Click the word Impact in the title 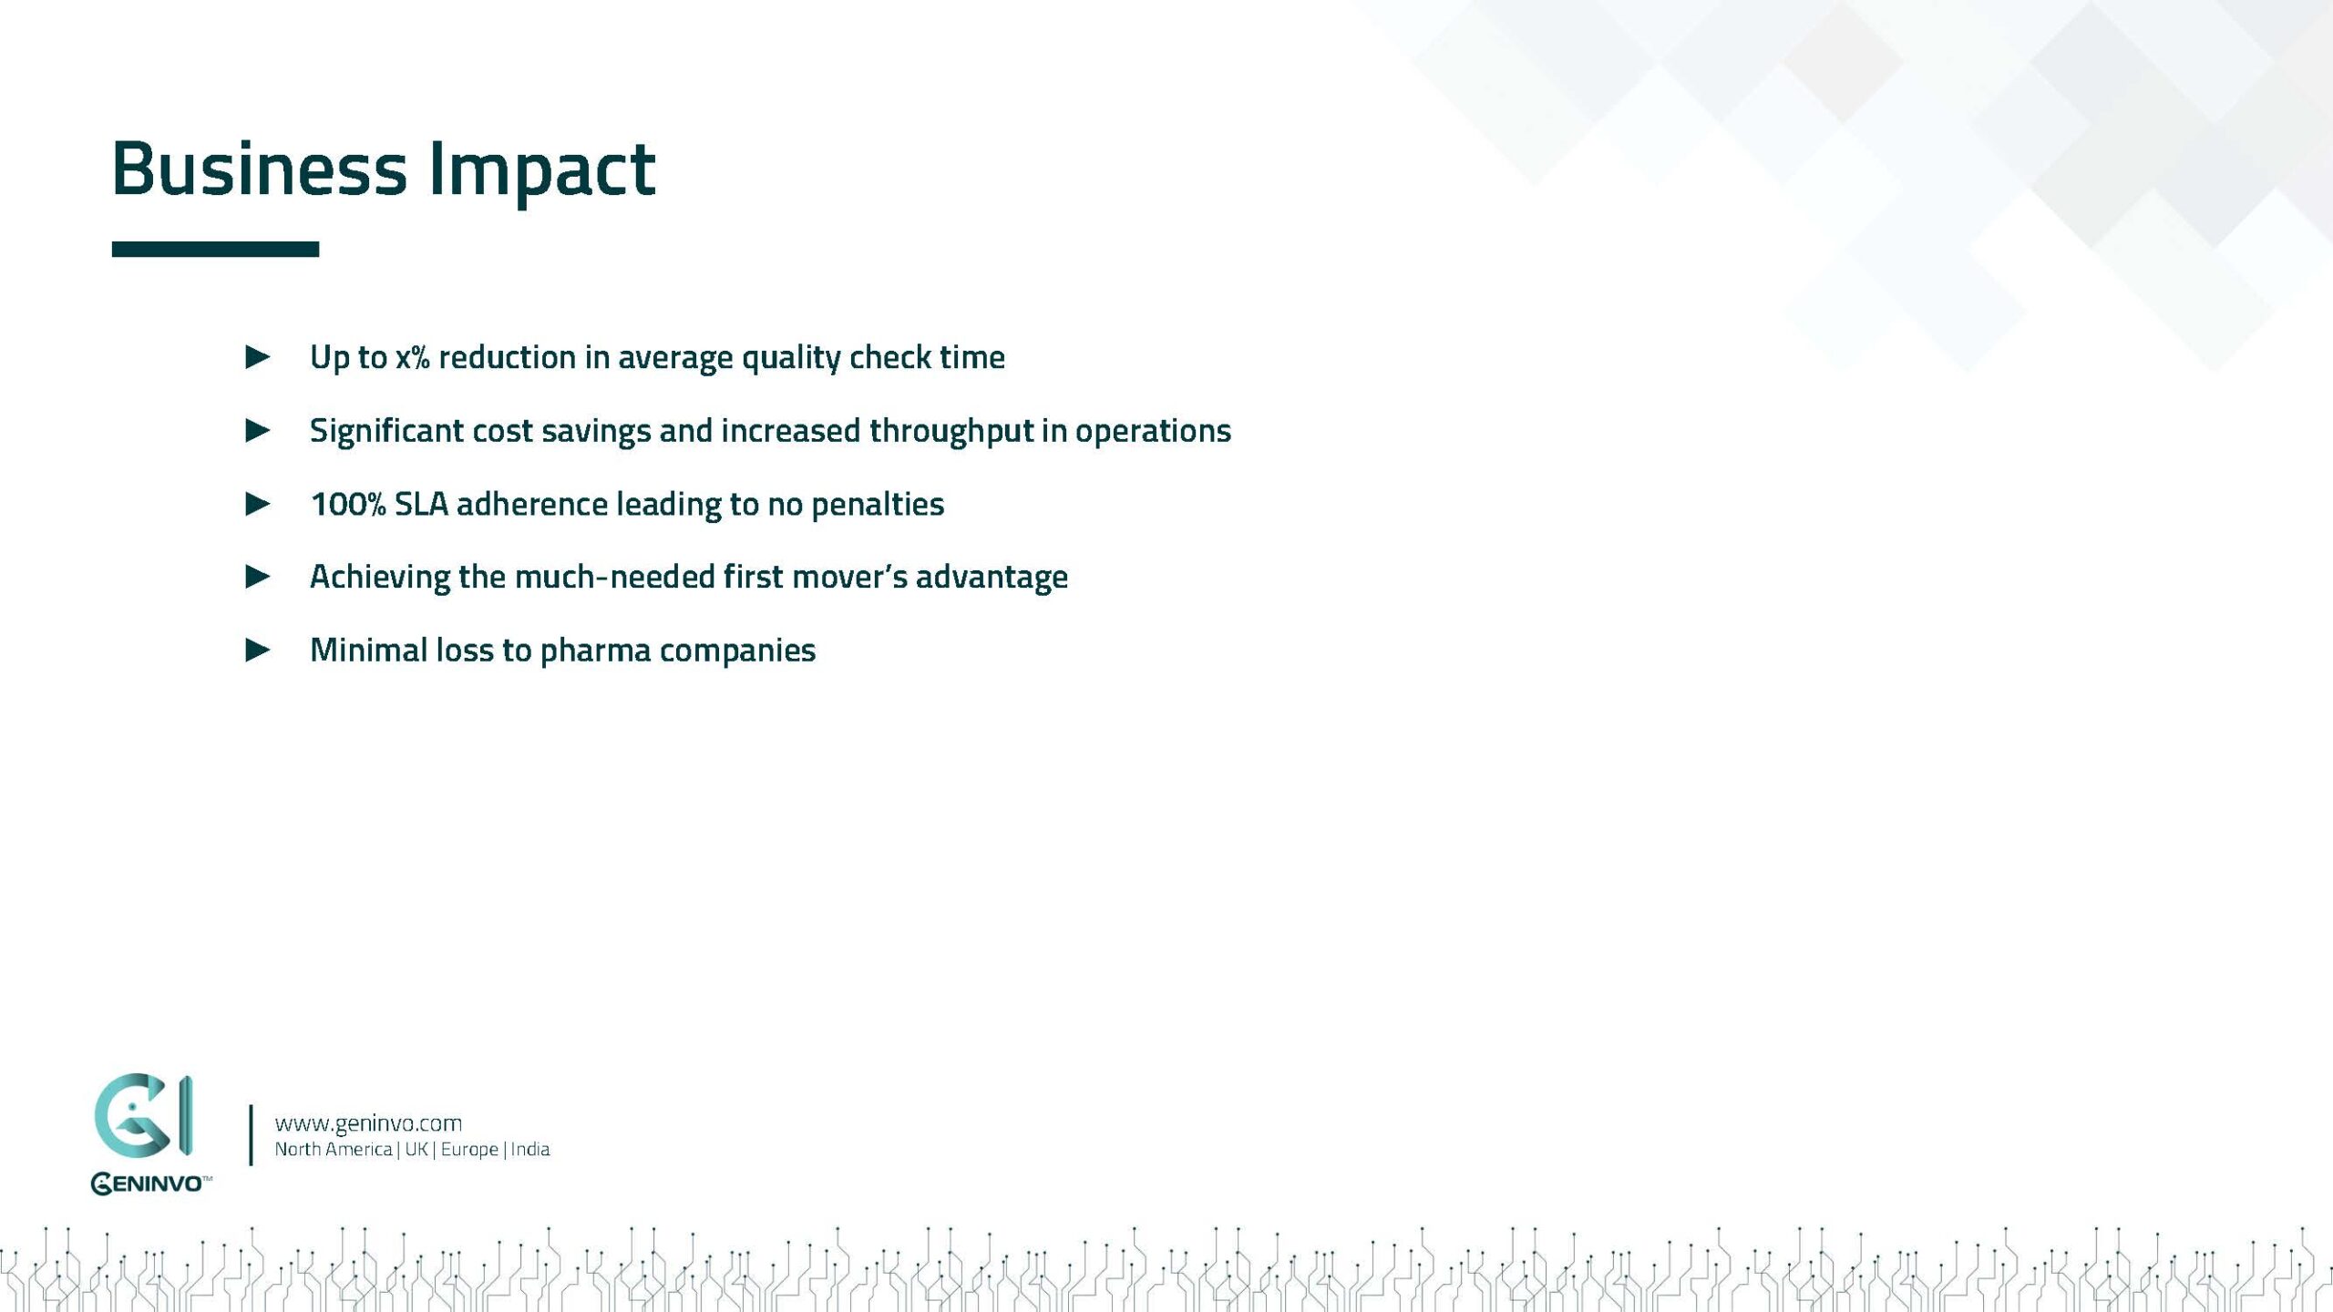(541, 170)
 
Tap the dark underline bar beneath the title (215, 249)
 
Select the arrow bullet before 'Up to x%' (258, 356)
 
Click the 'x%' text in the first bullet (412, 357)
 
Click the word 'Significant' (386, 431)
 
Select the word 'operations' (1152, 431)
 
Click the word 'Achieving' (379, 577)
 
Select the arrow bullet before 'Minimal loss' (258, 650)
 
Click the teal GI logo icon (143, 1116)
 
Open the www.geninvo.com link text (368, 1123)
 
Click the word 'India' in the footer (529, 1149)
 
